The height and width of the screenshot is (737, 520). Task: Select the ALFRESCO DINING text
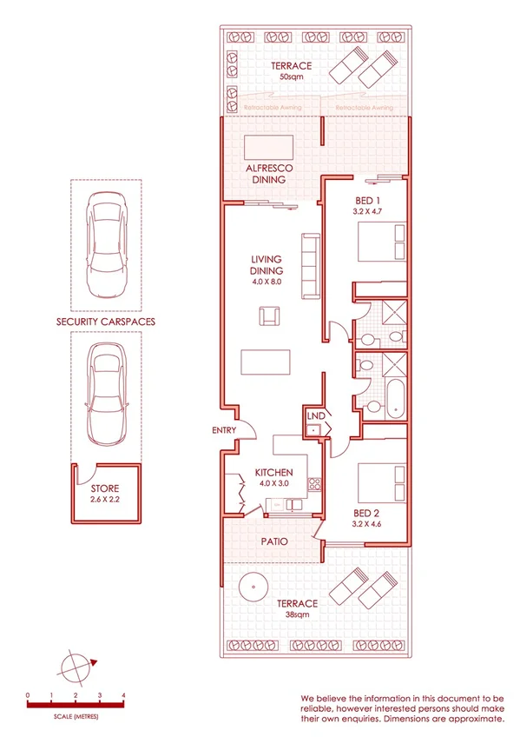point(268,174)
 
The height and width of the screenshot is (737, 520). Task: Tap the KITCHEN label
point(273,474)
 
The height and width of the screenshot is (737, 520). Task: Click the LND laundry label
point(315,417)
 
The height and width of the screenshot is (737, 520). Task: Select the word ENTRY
point(223,431)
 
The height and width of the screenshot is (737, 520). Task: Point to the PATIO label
point(274,541)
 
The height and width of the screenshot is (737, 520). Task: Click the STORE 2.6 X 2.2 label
point(105,495)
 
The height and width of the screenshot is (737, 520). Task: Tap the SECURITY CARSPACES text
point(106,322)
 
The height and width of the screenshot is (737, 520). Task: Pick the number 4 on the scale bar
point(124,696)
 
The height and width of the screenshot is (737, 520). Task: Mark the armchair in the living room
point(269,315)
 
